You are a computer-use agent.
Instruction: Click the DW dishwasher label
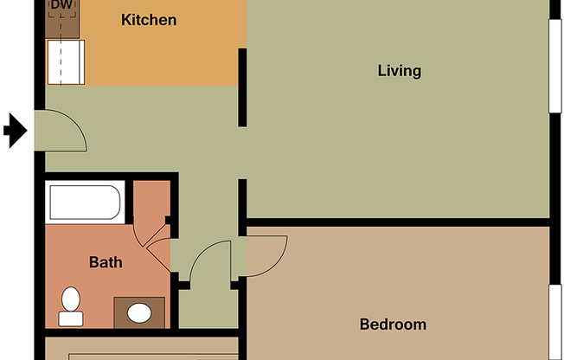[x=61, y=7]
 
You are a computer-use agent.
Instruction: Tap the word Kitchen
[x=149, y=19]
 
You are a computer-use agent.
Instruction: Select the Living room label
[x=400, y=71]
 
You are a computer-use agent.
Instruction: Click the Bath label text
[x=106, y=261]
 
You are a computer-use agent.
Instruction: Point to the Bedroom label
[x=393, y=325]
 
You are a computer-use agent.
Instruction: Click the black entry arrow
[x=15, y=132]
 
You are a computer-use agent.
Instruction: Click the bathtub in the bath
[x=85, y=202]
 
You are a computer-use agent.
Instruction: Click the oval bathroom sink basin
[x=138, y=313]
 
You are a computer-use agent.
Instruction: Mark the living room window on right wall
[x=555, y=64]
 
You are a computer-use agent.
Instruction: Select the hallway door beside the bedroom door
[x=209, y=260]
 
